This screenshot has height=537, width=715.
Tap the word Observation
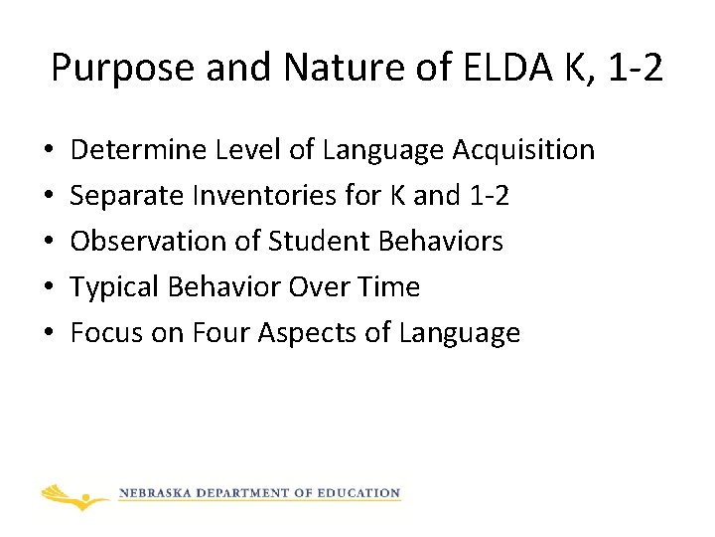[143, 242]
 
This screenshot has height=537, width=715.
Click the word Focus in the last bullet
[107, 333]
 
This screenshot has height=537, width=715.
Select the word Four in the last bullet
[217, 333]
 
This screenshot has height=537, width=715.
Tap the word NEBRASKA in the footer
[157, 493]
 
